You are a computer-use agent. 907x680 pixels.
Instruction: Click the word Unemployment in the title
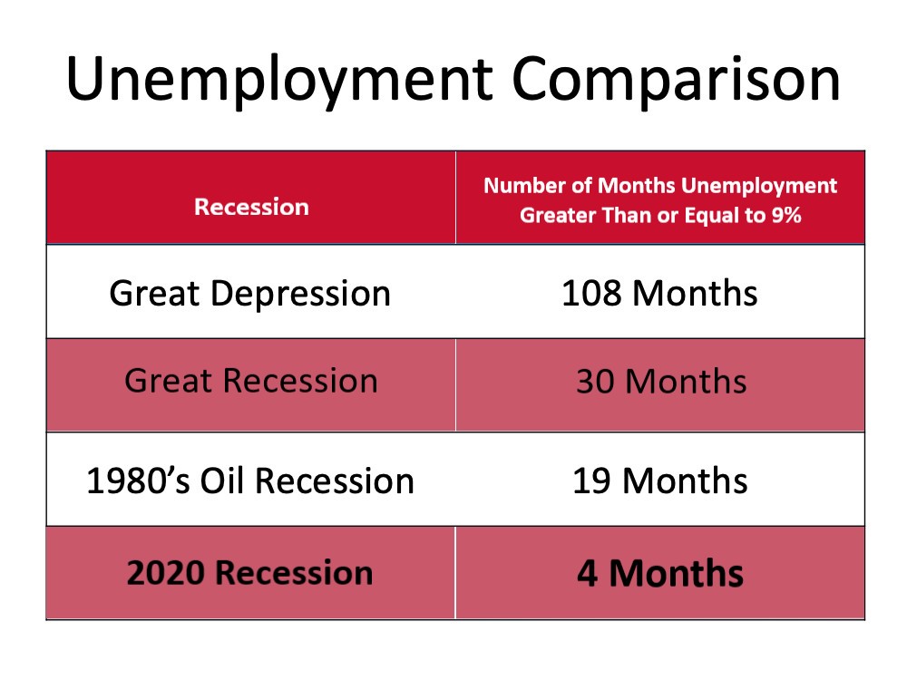point(279,81)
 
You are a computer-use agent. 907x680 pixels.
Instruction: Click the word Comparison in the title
point(676,81)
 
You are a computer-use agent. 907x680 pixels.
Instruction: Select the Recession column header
point(251,207)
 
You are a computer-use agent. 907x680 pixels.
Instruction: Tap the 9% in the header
point(786,215)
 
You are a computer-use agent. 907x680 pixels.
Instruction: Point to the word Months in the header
point(637,186)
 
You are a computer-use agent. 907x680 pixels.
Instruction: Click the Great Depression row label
point(250,293)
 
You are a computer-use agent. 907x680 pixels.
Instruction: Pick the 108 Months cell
point(659,293)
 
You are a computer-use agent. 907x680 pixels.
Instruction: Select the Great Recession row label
point(251,381)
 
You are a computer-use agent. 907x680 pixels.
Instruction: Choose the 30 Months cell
point(661,382)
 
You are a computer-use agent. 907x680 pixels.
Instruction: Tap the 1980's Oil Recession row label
point(250,481)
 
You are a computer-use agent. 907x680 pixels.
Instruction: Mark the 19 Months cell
point(660,481)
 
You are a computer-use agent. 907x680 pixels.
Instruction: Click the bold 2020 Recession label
point(250,573)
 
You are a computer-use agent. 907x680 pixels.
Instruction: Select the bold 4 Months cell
point(660,574)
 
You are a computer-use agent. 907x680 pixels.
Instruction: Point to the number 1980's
point(138,481)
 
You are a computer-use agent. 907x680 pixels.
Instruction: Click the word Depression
point(300,294)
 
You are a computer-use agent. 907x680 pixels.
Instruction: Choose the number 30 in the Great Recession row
point(595,382)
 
